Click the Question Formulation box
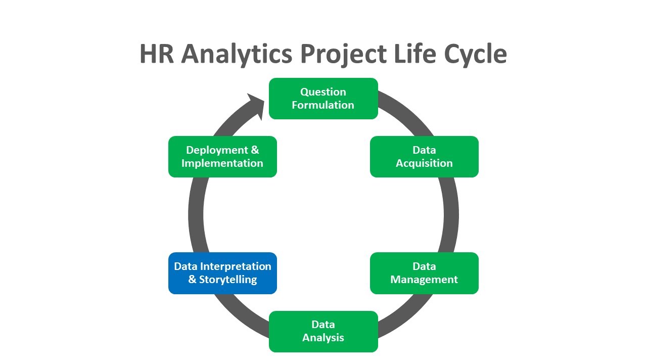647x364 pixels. [323, 99]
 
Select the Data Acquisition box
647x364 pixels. [424, 157]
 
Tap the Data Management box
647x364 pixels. [424, 273]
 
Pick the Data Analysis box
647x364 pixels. [323, 331]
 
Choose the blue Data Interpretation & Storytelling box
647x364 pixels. [222, 273]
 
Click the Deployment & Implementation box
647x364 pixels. [222, 157]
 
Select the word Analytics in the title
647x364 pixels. [237, 54]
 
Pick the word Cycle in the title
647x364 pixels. [476, 54]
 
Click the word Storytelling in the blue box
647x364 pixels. [228, 280]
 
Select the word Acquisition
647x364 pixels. [424, 163]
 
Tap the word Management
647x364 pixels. [424, 280]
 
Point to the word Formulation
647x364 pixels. [323, 105]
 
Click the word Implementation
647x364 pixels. [222, 163]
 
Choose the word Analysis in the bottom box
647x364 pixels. [323, 338]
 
